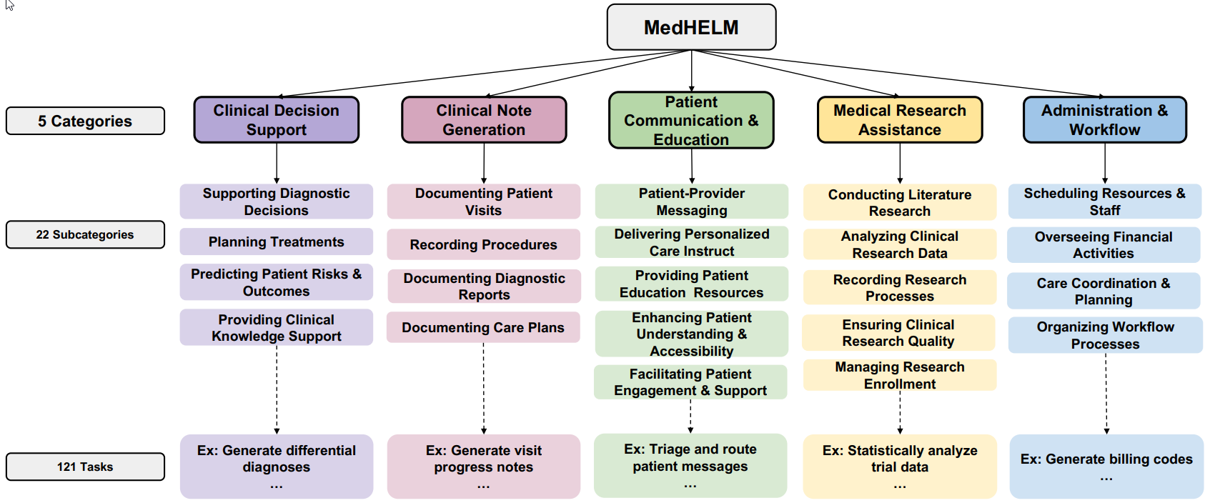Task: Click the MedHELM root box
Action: point(691,27)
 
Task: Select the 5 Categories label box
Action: point(85,121)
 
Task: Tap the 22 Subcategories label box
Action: point(85,234)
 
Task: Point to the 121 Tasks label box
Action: point(85,466)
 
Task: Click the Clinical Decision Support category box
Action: point(277,119)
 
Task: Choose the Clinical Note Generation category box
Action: point(484,119)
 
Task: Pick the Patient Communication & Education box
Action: point(691,120)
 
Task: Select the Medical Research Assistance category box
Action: point(899,119)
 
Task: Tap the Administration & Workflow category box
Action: point(1104,119)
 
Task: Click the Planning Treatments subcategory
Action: point(277,241)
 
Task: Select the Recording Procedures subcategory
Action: point(484,244)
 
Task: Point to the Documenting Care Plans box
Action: point(483,327)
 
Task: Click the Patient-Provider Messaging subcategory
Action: point(691,201)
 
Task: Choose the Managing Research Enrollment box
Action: point(899,375)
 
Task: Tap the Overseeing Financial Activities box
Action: point(1104,245)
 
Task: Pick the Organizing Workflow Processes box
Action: point(1105,335)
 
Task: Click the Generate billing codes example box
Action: point(1106,467)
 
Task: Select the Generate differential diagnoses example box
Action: point(277,467)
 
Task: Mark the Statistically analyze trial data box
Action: point(899,467)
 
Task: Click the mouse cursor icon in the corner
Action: point(9,5)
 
